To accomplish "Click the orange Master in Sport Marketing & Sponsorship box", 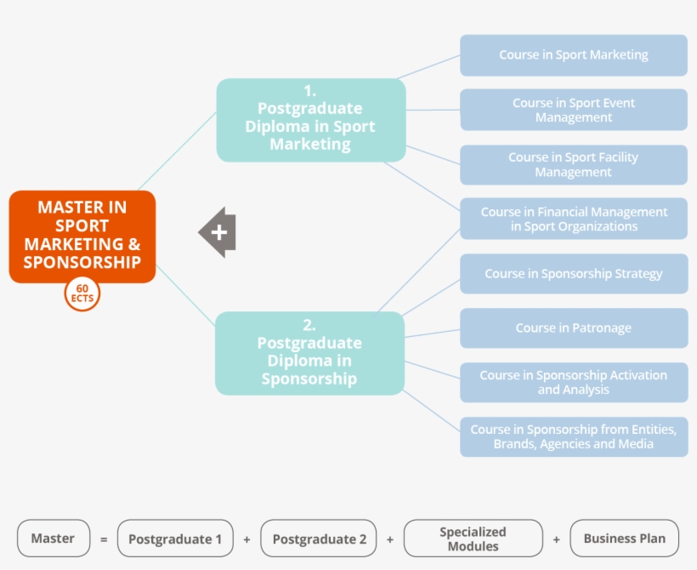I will pyautogui.click(x=82, y=236).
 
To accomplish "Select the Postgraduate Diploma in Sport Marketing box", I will pyautogui.click(x=310, y=120).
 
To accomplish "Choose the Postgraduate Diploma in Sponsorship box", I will pyautogui.click(x=309, y=353).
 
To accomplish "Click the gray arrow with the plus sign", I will pyautogui.click(x=218, y=231).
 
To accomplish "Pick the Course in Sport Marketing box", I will pyautogui.click(x=574, y=55).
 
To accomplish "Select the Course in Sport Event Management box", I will pyautogui.click(x=574, y=110).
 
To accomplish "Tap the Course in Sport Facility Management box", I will pyautogui.click(x=574, y=164).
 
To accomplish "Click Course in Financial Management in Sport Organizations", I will pyautogui.click(x=574, y=219).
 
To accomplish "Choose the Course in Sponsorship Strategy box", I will pyautogui.click(x=574, y=274).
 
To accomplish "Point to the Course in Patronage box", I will pyautogui.click(x=574, y=328).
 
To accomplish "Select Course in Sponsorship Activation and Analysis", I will pyautogui.click(x=574, y=382).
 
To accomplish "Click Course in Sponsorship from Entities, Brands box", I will pyautogui.click(x=574, y=436).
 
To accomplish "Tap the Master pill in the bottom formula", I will pyautogui.click(x=53, y=539).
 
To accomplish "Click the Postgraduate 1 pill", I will pyautogui.click(x=175, y=539).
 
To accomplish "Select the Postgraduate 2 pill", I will pyautogui.click(x=318, y=539).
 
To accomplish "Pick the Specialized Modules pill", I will pyautogui.click(x=473, y=539).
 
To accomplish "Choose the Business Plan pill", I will pyautogui.click(x=625, y=539).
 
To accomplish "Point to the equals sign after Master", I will pyautogui.click(x=104, y=539).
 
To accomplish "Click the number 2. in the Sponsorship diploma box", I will pyautogui.click(x=309, y=324).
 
